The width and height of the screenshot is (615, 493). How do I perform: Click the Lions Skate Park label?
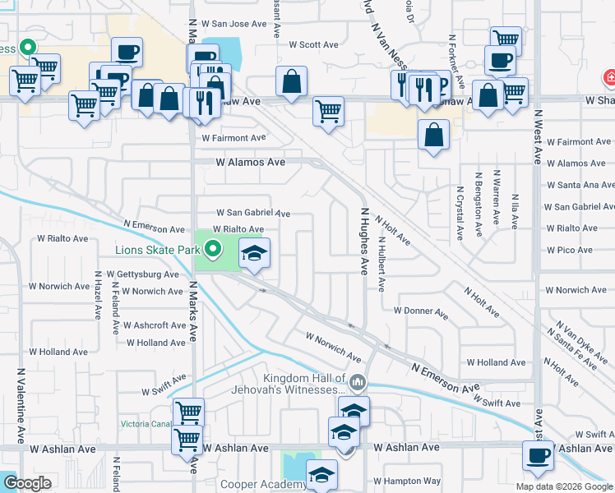click(158, 249)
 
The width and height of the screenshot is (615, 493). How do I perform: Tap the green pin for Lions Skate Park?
click(213, 247)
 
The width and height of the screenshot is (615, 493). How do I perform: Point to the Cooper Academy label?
click(268, 485)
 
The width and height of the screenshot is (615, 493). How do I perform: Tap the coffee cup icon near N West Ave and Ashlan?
click(539, 456)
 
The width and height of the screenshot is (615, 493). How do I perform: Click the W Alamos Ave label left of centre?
click(251, 163)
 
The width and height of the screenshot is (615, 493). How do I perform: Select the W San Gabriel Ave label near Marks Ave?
click(253, 214)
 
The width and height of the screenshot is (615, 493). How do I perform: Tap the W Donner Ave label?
click(420, 312)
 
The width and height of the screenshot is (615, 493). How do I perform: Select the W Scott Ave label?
click(313, 45)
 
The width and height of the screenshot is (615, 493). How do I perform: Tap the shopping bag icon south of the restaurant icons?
click(433, 134)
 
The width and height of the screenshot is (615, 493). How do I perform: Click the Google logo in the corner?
click(28, 483)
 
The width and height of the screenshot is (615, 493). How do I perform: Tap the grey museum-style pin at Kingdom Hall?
click(358, 382)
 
